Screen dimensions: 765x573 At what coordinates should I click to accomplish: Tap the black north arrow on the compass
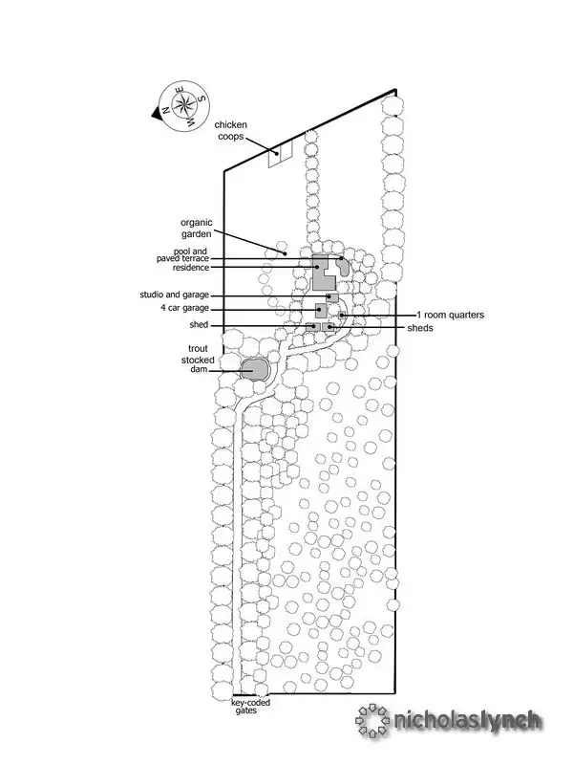click(x=156, y=113)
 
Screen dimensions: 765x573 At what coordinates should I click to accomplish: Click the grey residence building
click(x=322, y=273)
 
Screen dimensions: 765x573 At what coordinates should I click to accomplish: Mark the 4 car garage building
click(x=322, y=310)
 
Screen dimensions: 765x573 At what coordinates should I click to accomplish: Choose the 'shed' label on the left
click(x=199, y=325)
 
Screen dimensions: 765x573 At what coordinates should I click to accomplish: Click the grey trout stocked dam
click(x=255, y=369)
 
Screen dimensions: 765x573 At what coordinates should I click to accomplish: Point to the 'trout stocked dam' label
click(x=188, y=360)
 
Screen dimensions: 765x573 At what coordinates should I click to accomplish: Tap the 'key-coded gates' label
click(x=251, y=707)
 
